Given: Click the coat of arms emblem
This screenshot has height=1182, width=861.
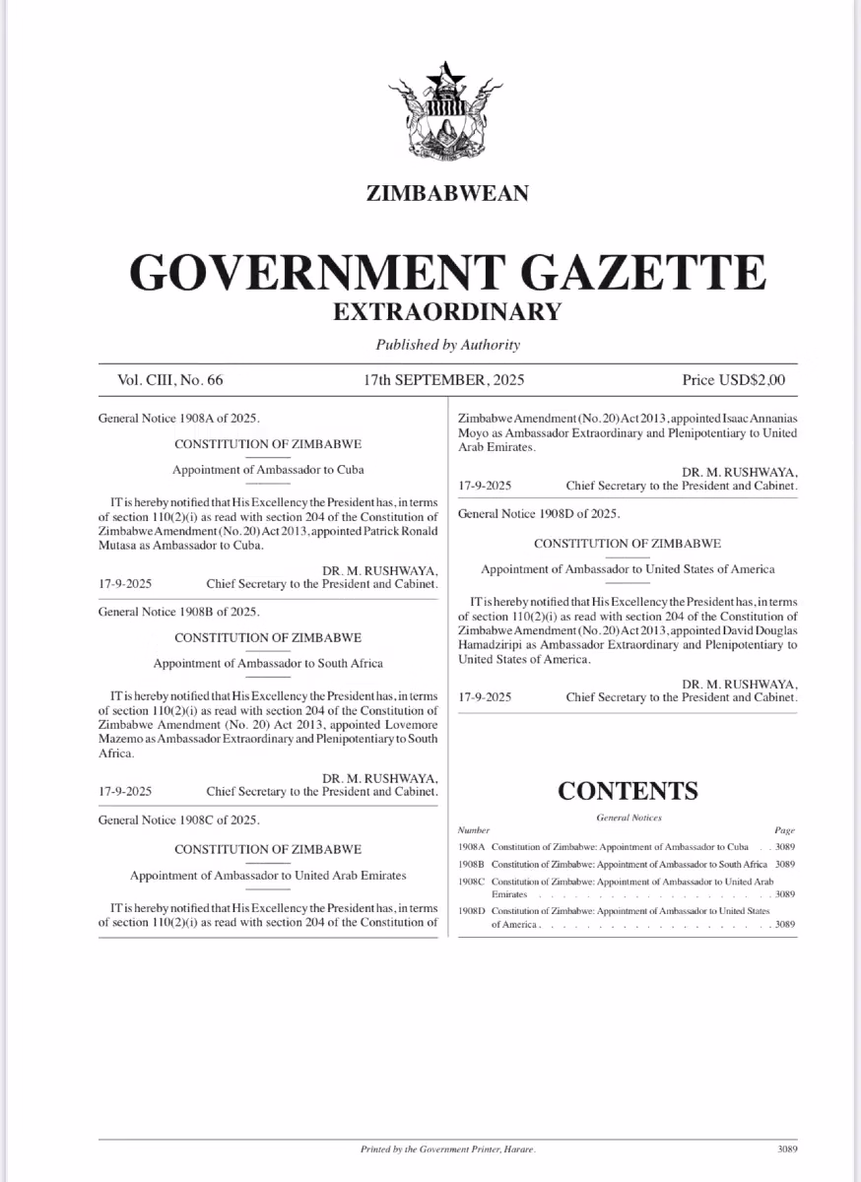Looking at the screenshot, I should (x=447, y=116).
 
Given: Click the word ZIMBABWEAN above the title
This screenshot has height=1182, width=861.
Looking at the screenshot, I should (x=447, y=192).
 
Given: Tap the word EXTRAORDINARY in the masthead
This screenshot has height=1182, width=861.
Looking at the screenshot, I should (x=447, y=311).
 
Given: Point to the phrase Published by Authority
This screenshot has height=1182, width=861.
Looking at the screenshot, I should (x=447, y=345).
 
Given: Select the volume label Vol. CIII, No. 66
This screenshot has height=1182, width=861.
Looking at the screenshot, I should (x=171, y=379).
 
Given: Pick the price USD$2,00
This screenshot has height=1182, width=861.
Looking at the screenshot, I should (x=734, y=379).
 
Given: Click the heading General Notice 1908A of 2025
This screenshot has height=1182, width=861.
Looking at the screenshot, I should (x=179, y=418).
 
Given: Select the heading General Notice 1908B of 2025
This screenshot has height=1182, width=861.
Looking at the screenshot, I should (x=179, y=612).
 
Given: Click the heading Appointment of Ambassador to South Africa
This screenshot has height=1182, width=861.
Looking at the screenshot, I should (x=268, y=663).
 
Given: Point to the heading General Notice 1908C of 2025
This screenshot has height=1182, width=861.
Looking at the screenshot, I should (x=179, y=820).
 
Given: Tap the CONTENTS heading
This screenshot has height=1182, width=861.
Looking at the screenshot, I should (x=628, y=790).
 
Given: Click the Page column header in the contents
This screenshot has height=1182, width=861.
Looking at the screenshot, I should (x=784, y=830).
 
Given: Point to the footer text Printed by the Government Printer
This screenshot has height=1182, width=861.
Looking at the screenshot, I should (x=447, y=1149).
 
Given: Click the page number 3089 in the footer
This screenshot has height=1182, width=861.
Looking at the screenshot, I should (x=786, y=1149).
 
